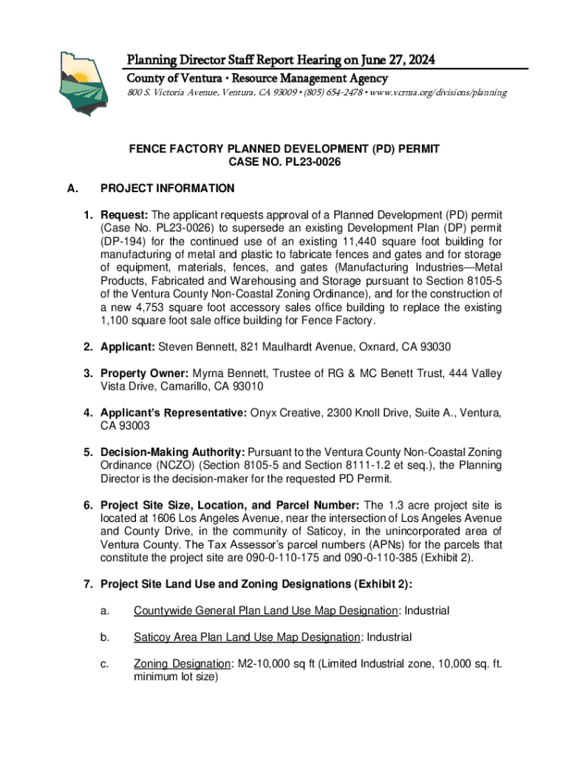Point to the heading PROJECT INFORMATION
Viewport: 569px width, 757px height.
coord(168,189)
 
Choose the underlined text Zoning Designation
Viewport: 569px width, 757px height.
coord(181,664)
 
